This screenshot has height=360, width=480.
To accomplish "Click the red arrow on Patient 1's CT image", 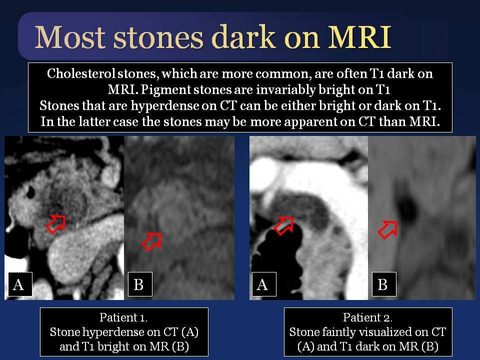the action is (x=56, y=224).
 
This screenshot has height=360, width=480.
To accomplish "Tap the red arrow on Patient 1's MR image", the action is (x=152, y=241).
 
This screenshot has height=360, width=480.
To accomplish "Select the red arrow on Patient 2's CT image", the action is (x=284, y=225).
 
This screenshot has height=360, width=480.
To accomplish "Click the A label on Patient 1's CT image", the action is (x=18, y=284).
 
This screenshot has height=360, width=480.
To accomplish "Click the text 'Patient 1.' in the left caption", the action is (x=123, y=317).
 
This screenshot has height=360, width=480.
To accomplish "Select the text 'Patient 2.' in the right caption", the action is (x=367, y=317).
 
